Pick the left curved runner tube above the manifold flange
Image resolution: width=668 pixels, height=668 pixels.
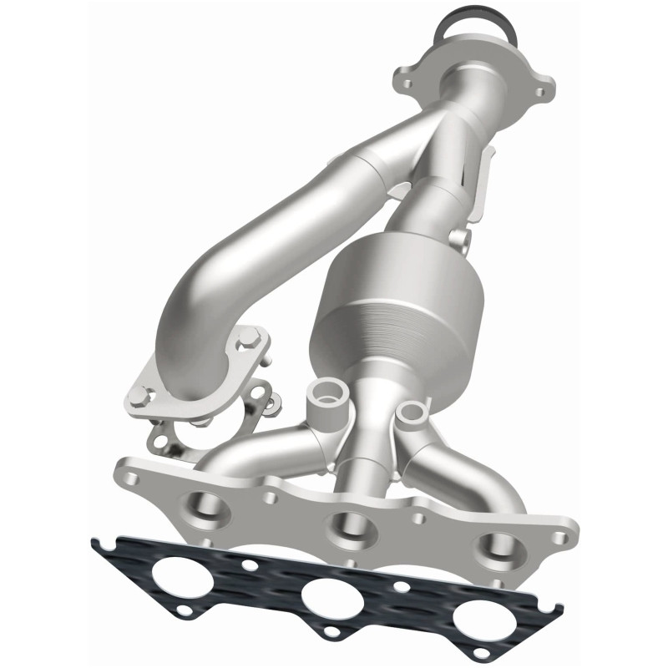[x=250, y=447]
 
